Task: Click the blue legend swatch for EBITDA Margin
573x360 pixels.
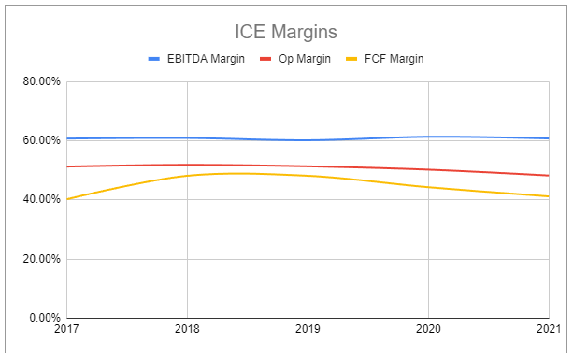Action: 155,58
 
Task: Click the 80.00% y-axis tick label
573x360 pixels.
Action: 41,81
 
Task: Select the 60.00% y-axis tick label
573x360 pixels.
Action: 41,140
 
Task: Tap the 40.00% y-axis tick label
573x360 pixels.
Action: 41,199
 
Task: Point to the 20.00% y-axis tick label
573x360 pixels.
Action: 41,259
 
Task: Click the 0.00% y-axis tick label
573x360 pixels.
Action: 44,318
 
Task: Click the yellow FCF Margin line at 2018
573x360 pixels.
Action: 188,176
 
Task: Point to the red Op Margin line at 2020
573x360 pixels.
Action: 428,169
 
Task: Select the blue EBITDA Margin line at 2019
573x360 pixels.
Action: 308,140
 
